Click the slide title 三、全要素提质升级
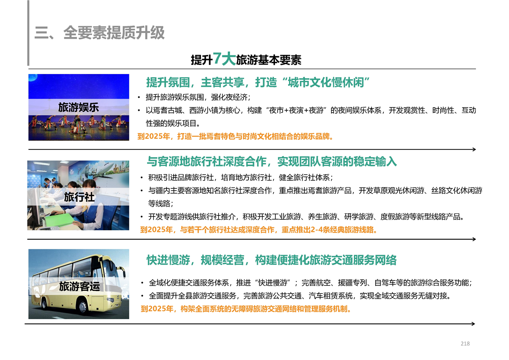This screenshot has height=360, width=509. coord(99,33)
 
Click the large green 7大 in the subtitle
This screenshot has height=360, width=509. coord(224,59)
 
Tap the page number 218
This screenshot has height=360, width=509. coord(465,343)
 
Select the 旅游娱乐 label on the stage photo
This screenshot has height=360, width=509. coord(78,108)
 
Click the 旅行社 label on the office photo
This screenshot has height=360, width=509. coord(79,197)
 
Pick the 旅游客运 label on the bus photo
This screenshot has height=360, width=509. coord(79,286)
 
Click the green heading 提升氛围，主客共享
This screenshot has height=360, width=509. coord(195,83)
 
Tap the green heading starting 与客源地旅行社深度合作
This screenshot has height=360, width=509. coord(272,162)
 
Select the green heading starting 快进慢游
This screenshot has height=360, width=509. coord(271,260)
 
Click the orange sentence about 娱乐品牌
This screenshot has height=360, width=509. coord(235,137)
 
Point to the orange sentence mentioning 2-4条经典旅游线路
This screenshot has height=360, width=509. coord(259,230)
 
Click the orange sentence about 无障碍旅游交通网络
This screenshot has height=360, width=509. coord(246,309)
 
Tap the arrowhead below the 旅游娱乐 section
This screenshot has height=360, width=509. coord(474,149)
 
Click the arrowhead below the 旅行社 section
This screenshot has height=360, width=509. coord(474,239)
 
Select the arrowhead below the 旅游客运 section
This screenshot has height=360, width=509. coord(473,324)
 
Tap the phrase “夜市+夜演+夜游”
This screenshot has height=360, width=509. coord(296,110)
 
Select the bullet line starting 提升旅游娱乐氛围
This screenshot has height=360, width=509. coord(198,97)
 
